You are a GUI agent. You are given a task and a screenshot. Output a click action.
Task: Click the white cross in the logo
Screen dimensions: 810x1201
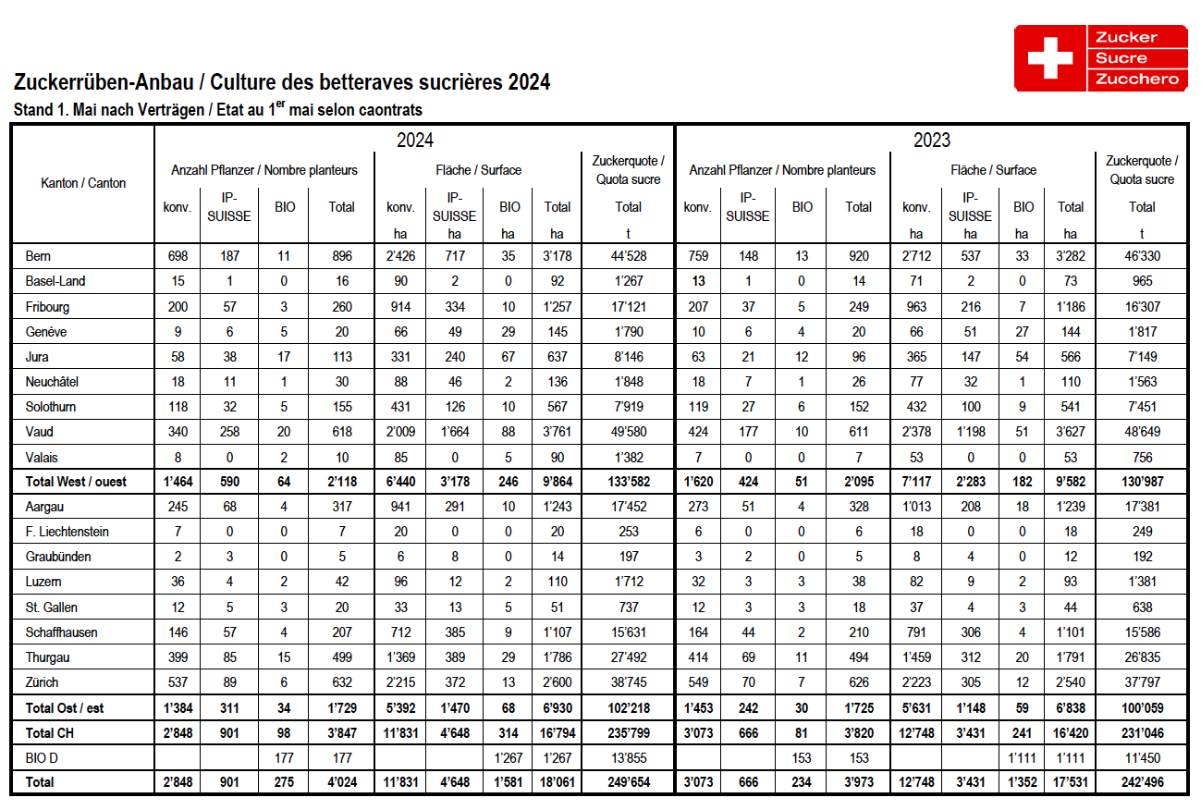[1049, 58]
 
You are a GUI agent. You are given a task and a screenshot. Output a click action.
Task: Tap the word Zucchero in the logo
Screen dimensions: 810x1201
[1137, 79]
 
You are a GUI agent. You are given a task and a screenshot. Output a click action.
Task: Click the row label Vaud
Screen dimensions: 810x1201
[41, 432]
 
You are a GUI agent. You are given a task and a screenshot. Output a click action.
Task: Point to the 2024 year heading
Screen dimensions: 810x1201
[415, 141]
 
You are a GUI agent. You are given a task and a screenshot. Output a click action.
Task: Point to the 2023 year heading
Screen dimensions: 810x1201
[932, 141]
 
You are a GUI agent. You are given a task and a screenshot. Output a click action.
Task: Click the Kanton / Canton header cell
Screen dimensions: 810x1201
[83, 183]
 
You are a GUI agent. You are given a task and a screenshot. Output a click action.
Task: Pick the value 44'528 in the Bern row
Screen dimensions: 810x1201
[628, 256]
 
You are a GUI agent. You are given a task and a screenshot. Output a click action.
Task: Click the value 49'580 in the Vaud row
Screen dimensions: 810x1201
[628, 432]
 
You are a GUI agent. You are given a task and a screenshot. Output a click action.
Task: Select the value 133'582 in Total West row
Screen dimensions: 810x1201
[628, 482]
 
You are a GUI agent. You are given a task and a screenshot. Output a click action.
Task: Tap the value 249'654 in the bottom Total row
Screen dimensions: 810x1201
[628, 782]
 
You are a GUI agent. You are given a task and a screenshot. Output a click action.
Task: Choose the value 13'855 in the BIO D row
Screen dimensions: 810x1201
[628, 757]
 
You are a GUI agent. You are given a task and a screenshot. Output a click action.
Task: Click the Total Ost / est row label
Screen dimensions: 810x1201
[65, 707]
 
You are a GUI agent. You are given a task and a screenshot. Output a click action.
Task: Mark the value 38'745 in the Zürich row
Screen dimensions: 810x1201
[628, 682]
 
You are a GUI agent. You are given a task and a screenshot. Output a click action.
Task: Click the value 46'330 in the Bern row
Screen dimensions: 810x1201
[1142, 256]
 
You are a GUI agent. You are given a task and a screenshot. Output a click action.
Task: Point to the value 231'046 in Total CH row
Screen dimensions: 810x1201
[1142, 732]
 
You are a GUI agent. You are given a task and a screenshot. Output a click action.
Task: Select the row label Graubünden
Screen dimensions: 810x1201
[58, 557]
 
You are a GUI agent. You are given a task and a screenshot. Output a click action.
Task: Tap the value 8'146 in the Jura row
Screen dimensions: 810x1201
[628, 357]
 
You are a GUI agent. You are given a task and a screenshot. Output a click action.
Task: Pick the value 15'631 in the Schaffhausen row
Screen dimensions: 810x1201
[628, 632]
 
